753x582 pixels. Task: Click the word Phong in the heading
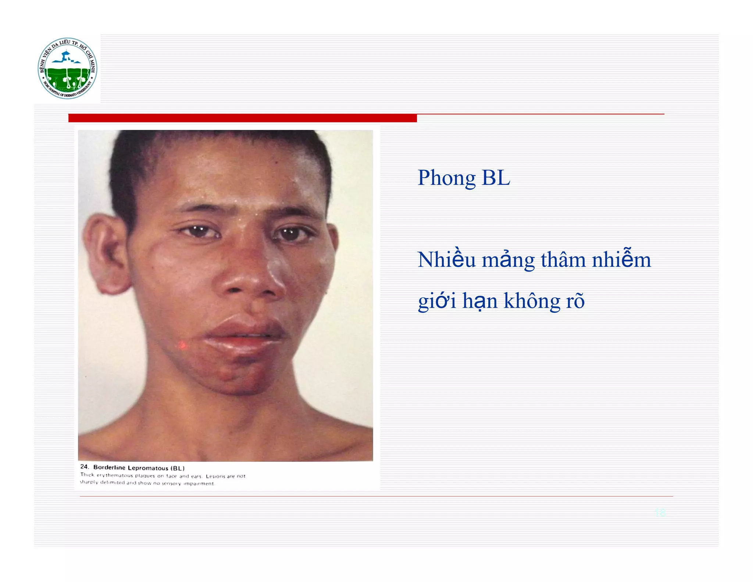tap(446, 178)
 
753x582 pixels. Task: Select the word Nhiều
tap(446, 260)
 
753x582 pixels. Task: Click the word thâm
tap(563, 260)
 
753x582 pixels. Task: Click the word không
tap(532, 301)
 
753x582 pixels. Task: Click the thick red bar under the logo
tap(242, 118)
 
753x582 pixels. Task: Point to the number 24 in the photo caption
tap(85, 467)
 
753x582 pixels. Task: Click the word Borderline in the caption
tap(109, 467)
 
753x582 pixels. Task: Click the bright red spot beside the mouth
tap(182, 345)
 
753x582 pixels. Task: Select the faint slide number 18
tap(660, 512)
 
